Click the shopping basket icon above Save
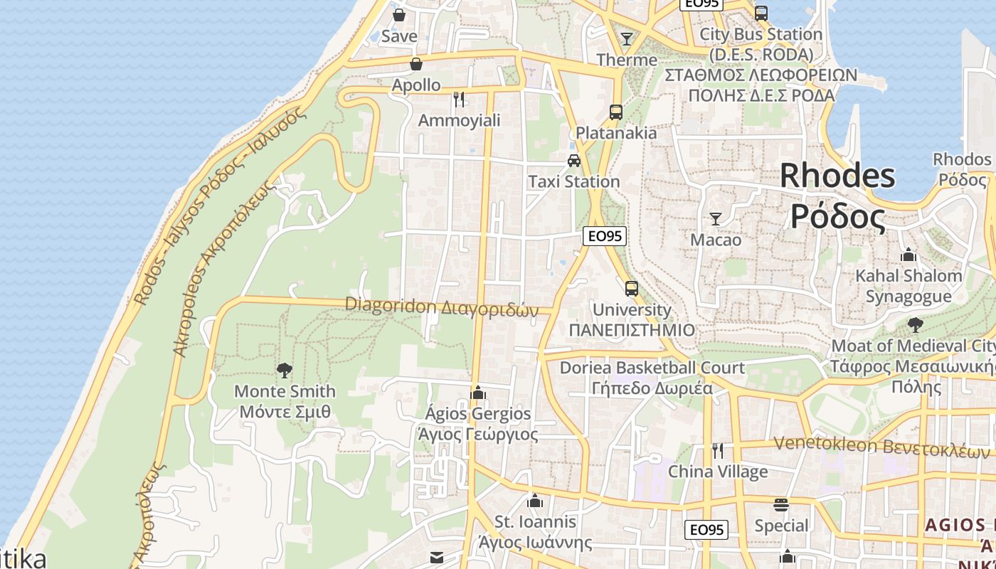pos(399,14)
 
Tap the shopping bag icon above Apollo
pos(416,64)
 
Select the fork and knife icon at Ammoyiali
pos(459,99)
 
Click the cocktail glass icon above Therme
pos(627,38)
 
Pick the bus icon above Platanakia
pos(616,112)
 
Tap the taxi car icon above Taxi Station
pos(574,161)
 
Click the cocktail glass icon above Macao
pos(716,218)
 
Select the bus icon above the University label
pos(632,288)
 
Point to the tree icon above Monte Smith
pos(285,370)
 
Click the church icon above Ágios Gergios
pos(478,393)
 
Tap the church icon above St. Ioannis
pos(535,501)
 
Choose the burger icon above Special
pos(781,505)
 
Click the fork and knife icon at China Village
pos(718,450)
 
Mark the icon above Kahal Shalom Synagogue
pos(908,255)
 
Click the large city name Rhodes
pos(837,175)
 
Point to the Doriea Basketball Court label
pos(652,368)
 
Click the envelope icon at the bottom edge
pos(437,557)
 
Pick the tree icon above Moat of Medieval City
pos(916,325)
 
